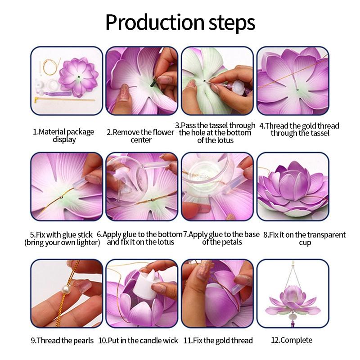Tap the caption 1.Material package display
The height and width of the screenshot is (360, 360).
click(x=63, y=135)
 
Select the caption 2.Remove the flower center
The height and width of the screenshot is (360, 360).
click(x=140, y=135)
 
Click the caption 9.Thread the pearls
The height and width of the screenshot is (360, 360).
click(x=63, y=340)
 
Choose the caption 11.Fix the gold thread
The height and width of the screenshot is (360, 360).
click(x=218, y=340)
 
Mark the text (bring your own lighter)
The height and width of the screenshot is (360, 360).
click(x=62, y=243)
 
